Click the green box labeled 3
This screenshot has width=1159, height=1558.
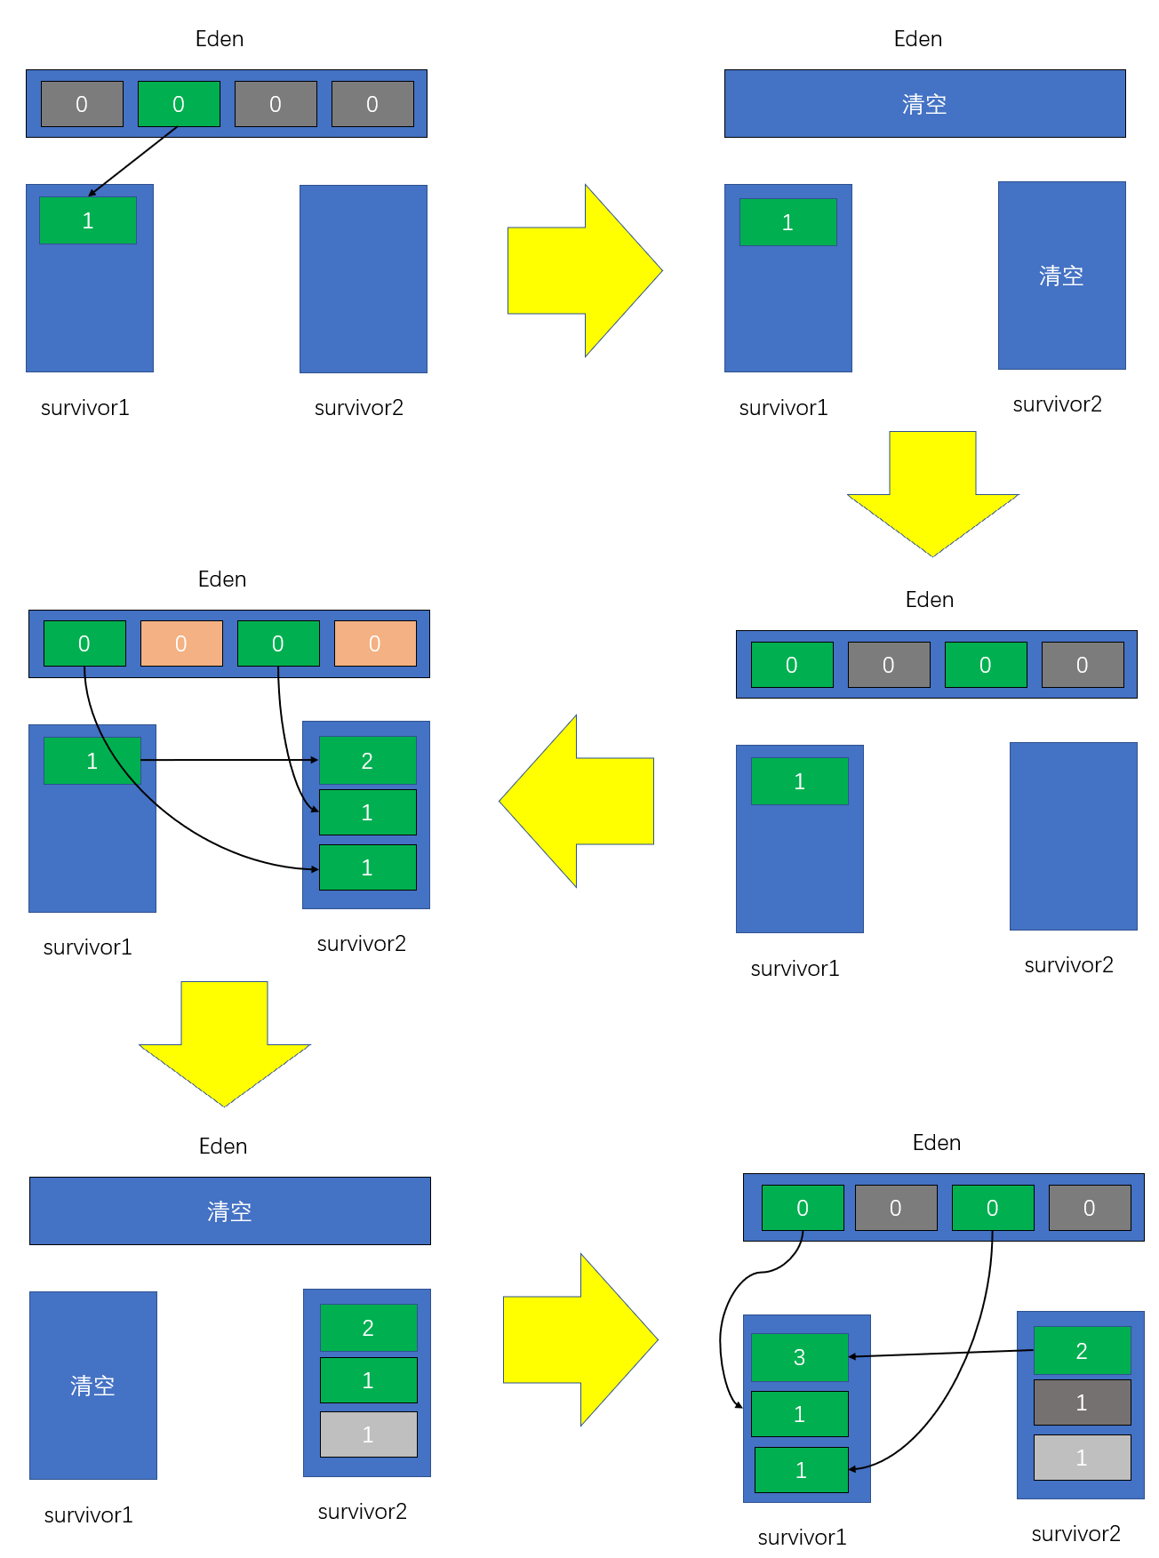coord(799,1357)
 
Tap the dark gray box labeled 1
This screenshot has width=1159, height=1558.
coord(1082,1402)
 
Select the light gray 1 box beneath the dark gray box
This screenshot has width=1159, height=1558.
coord(1082,1458)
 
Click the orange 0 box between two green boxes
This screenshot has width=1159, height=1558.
coord(181,643)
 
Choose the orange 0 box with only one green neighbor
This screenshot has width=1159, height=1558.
coord(375,643)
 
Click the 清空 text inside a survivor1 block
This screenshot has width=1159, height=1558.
coord(92,1386)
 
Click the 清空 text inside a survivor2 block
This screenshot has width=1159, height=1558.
coord(1061,276)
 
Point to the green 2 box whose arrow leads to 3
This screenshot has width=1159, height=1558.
coord(1082,1351)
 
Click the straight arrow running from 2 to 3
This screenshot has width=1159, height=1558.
coord(942,1354)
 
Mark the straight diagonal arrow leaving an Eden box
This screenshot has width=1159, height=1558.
coord(133,161)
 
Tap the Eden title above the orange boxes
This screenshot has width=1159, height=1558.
coord(222,579)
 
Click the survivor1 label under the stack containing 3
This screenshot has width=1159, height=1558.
coord(802,1537)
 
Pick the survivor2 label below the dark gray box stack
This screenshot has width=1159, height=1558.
coord(1075,1533)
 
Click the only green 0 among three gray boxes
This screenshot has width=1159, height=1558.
coord(179,104)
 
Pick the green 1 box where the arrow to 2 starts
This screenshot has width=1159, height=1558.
coord(92,761)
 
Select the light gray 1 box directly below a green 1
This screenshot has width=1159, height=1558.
coord(368,1434)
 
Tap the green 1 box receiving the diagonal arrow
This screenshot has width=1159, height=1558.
coord(87,220)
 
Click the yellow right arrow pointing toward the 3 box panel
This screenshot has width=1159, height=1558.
coord(580,1339)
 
